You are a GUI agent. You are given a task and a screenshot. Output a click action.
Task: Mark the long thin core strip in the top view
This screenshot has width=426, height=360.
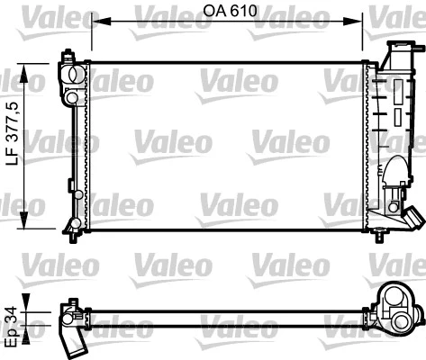coord(225,315)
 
